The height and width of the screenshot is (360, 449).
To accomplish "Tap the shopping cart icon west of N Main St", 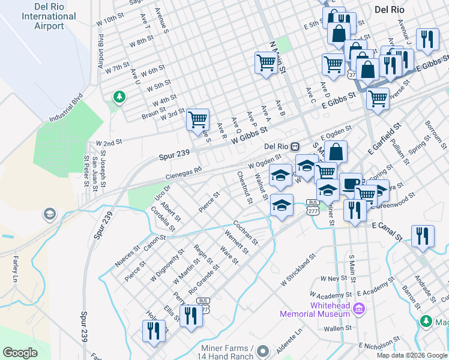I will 266,62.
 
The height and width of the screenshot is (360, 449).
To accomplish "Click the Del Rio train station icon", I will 295,146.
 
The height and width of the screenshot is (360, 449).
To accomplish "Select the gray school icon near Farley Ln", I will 49,214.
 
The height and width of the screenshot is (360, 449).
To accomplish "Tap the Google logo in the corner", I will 20,353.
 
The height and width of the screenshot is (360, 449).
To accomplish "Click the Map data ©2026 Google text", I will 412,355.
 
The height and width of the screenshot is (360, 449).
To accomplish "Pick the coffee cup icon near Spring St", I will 350,184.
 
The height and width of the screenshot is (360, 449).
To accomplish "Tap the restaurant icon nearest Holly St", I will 153,331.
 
